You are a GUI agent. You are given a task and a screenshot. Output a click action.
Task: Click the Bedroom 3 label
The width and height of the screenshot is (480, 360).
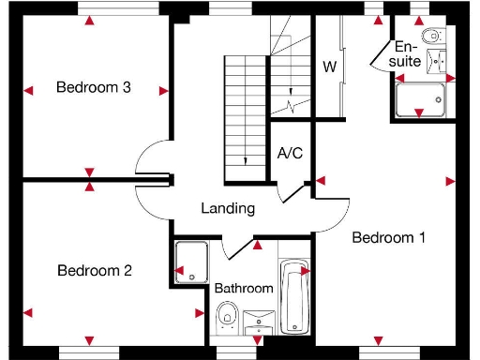(x=93, y=88)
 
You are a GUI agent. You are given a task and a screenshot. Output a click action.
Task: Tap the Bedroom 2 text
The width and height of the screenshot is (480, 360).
(x=94, y=271)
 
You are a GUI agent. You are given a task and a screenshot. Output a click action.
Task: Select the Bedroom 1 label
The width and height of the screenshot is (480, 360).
(x=388, y=238)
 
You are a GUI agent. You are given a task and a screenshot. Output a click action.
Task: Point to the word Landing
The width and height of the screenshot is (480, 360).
(x=228, y=208)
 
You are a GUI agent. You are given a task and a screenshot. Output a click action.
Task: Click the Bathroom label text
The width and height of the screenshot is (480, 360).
(x=244, y=289)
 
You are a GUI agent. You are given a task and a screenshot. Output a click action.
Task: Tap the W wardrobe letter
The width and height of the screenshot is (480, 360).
(x=329, y=67)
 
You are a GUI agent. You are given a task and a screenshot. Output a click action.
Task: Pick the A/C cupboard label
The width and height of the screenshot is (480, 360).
(x=290, y=153)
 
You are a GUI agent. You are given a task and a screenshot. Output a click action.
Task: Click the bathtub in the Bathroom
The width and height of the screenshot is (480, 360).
(x=293, y=298)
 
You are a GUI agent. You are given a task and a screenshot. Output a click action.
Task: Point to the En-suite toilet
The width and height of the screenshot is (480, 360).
(x=431, y=37)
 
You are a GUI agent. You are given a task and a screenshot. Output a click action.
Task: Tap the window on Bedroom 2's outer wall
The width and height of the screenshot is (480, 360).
(x=90, y=352)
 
